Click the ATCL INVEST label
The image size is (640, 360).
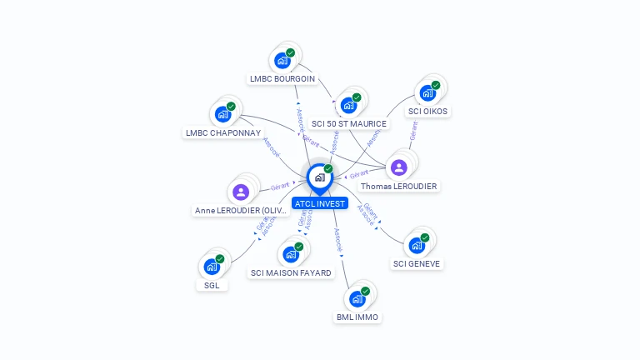[320, 203]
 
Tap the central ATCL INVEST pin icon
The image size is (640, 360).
[320, 177]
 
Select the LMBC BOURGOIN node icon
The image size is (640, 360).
[282, 60]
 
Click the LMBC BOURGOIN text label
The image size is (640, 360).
[282, 79]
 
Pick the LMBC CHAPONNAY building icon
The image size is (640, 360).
[222, 114]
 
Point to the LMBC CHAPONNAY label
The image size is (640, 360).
[223, 132]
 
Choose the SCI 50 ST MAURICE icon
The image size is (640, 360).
[348, 105]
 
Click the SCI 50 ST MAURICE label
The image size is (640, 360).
[349, 124]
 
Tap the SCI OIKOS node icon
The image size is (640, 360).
[427, 92]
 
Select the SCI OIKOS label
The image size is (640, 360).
[427, 111]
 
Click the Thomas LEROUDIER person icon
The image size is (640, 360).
[399, 167]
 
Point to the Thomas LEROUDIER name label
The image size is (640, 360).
[399, 186]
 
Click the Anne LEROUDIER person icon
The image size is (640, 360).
[242, 192]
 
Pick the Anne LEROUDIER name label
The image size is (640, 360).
[242, 211]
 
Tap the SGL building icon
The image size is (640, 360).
[212, 267]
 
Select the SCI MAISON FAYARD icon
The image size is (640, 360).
[291, 254]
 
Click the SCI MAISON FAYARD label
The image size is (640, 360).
[291, 272]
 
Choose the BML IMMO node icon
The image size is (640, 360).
[357, 298]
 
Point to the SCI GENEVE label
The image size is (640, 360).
[417, 264]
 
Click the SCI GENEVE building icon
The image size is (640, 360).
[417, 245]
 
